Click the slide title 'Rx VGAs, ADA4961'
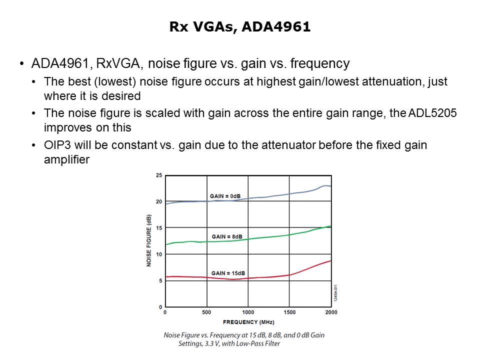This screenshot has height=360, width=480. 240,27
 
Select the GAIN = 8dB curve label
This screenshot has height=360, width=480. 227,236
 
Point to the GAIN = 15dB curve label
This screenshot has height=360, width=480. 228,273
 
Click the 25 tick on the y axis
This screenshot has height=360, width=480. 159,175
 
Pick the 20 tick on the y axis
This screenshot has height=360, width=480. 159,201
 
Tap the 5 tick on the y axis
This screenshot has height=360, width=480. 160,281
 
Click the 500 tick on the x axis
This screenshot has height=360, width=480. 206,312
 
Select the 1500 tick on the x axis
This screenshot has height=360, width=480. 289,312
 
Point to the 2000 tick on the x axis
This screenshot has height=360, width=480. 331,312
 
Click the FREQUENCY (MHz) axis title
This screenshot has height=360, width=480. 248,322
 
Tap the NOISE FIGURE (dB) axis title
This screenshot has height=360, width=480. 149,241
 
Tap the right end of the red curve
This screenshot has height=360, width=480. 330,261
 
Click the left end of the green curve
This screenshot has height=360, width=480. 166,244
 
